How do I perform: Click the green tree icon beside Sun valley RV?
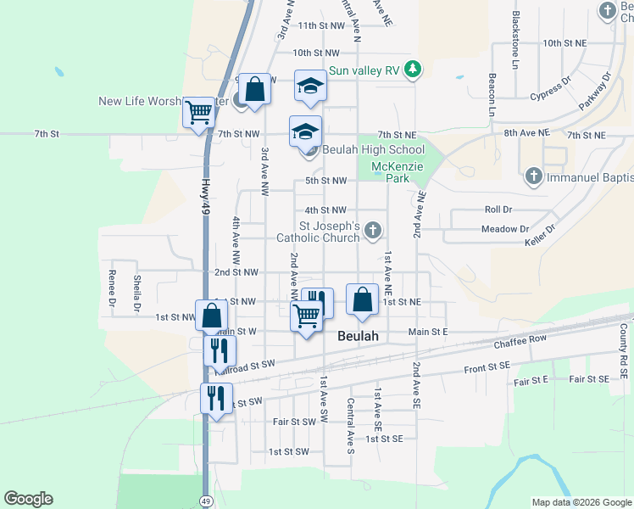[413, 69]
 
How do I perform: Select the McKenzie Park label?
[391, 171]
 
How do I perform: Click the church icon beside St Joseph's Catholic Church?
[372, 230]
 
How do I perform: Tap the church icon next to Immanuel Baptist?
[533, 177]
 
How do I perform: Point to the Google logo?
[28, 499]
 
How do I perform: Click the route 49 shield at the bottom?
[207, 501]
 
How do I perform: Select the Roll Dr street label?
[498, 209]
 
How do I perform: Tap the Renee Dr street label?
[112, 288]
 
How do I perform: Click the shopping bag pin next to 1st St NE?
[362, 300]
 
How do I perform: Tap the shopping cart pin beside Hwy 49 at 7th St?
[198, 112]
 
